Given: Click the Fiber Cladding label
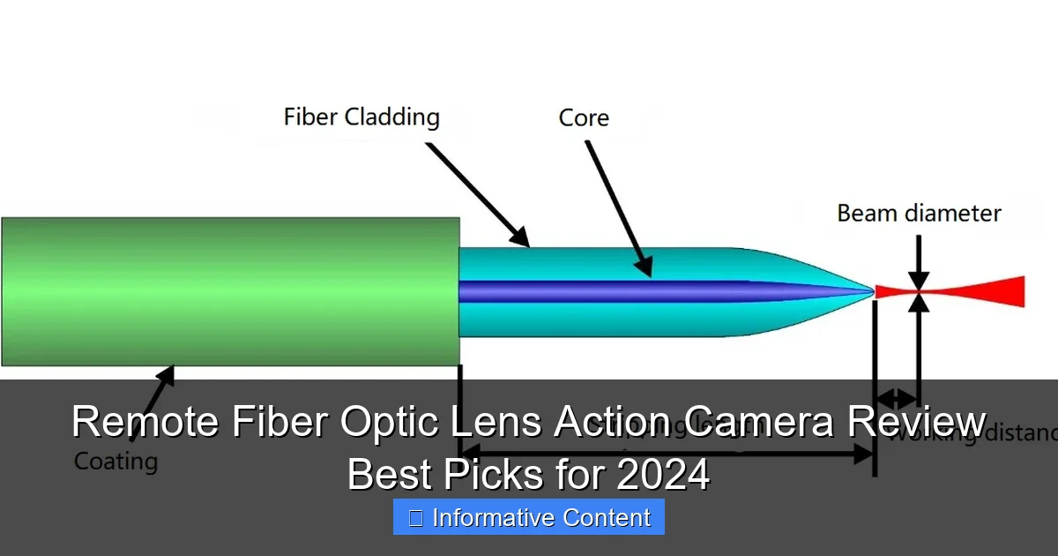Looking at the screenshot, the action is [361, 117].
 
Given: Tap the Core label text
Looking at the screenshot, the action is [584, 118].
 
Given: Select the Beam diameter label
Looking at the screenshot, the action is [919, 214].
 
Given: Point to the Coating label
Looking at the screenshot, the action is [115, 461].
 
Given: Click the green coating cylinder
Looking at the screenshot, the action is [229, 291].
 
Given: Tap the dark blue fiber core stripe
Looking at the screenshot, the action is [617, 291].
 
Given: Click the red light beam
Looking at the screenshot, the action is [979, 291].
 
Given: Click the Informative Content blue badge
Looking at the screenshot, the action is [529, 517].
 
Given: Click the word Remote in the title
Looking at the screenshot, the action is [145, 422].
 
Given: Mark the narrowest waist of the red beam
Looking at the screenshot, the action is [919, 291].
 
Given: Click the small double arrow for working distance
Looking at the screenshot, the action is [896, 398].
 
